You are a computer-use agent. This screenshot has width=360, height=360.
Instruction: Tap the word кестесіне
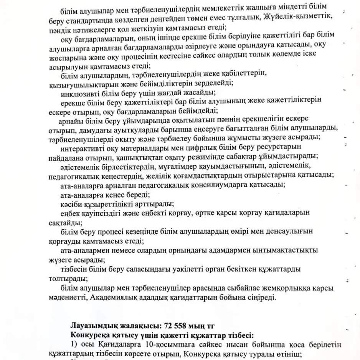[188, 54]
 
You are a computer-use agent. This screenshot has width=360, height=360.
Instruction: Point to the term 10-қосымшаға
[147, 344]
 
